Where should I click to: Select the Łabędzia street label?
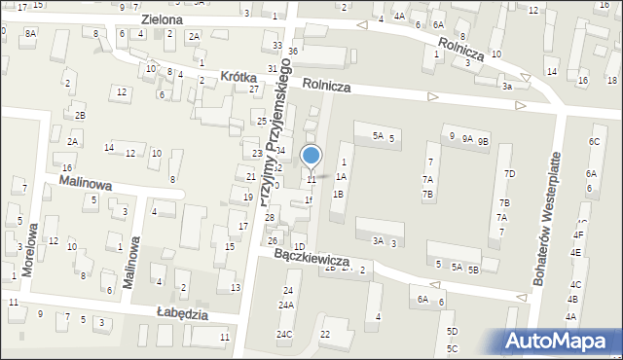point(184,312)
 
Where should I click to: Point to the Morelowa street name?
point(30,250)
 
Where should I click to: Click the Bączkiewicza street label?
point(311,260)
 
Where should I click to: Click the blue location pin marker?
point(311,157)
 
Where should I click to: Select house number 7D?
point(508,173)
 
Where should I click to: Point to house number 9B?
point(483,141)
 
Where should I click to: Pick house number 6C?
point(593,141)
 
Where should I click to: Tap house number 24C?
point(283,335)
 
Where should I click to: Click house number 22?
point(325,335)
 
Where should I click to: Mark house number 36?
point(293,51)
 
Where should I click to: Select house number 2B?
point(81,116)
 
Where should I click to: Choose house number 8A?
point(30,33)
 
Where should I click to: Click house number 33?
point(277,46)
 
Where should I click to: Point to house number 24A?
point(286,306)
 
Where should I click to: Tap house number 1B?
point(338,194)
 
